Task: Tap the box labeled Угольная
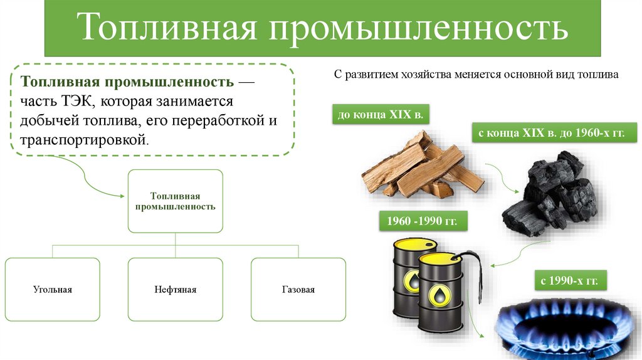pyautogui.click(x=53, y=290)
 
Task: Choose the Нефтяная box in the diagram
pyautogui.click(x=176, y=290)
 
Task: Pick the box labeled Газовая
pyautogui.click(x=298, y=290)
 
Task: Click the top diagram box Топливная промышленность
pyautogui.click(x=175, y=201)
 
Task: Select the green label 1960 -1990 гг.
pyautogui.click(x=423, y=223)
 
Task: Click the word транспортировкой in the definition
pyautogui.click(x=83, y=139)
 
